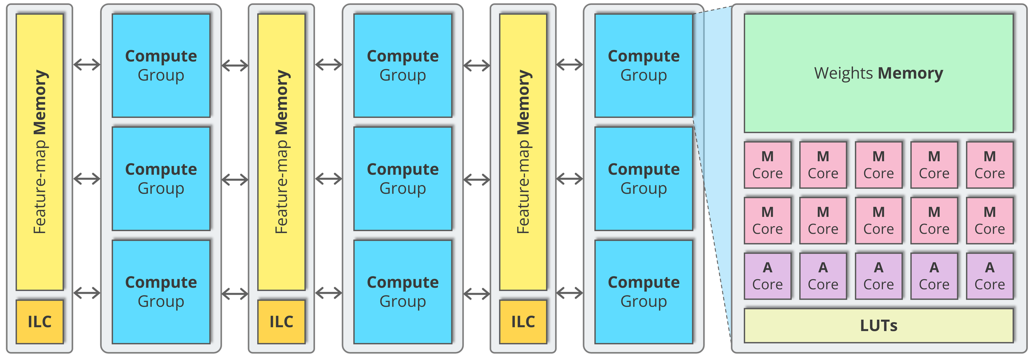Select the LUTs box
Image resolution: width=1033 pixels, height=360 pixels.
(878, 325)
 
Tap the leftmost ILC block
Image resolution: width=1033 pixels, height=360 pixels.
(40, 322)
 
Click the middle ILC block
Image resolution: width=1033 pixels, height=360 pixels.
(281, 322)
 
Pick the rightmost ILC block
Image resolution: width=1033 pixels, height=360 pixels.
(523, 322)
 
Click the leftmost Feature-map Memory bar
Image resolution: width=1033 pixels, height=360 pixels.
(40, 152)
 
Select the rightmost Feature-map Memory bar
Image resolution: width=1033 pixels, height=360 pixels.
(523, 152)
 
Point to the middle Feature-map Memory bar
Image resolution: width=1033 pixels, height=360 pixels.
(281, 152)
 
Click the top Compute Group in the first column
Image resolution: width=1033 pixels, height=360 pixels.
(161, 66)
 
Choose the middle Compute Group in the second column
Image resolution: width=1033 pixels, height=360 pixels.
(402, 179)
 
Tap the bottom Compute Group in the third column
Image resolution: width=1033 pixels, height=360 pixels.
(644, 292)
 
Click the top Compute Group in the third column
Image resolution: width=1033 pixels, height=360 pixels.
(644, 66)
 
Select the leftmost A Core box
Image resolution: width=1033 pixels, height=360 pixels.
(768, 276)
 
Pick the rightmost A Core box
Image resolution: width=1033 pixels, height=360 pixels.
(990, 276)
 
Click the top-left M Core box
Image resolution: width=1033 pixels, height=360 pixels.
(768, 165)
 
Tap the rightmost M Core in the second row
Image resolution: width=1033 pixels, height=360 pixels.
(990, 221)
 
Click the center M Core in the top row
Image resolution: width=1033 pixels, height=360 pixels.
(879, 165)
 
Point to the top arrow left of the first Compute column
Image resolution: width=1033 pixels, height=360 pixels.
(87, 65)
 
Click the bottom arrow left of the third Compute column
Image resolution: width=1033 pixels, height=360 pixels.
(570, 293)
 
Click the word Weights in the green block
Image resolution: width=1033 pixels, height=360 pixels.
(843, 73)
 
